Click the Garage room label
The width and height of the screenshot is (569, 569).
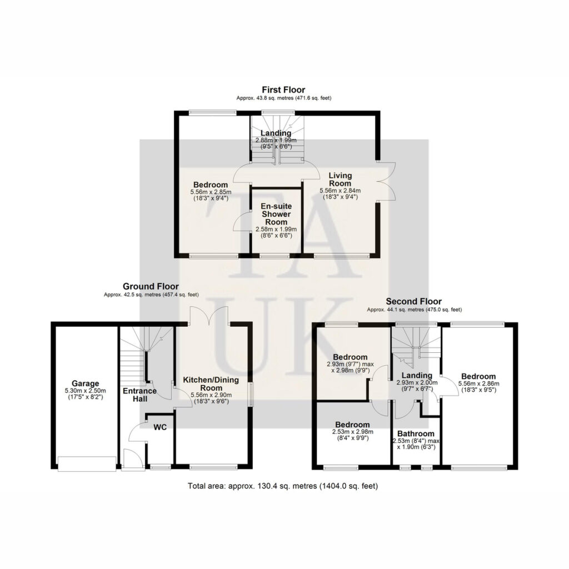pos(85,383)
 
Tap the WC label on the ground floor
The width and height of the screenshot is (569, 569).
pos(160,427)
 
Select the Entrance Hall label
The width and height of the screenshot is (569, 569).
pos(139,395)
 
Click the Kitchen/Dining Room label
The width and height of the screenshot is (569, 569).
pos(211,384)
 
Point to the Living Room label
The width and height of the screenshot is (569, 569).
pos(340,179)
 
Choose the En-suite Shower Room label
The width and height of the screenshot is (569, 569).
pos(276,214)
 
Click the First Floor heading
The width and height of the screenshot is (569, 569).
pos(283,89)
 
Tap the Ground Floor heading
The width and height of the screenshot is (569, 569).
pos(151,286)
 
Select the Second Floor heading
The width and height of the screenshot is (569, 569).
pos(413,301)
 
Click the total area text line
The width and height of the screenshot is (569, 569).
pos(283,486)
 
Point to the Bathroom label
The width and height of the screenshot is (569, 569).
pos(416,433)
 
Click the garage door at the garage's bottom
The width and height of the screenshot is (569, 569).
pos(87,464)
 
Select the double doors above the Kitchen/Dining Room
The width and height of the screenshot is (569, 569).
pos(209,315)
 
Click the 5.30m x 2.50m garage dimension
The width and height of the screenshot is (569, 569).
pos(85,391)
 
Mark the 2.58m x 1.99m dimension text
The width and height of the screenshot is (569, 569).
pos(276,229)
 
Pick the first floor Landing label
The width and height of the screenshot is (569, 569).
pos(276,133)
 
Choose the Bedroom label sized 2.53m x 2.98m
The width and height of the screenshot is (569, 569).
pos(352,425)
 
